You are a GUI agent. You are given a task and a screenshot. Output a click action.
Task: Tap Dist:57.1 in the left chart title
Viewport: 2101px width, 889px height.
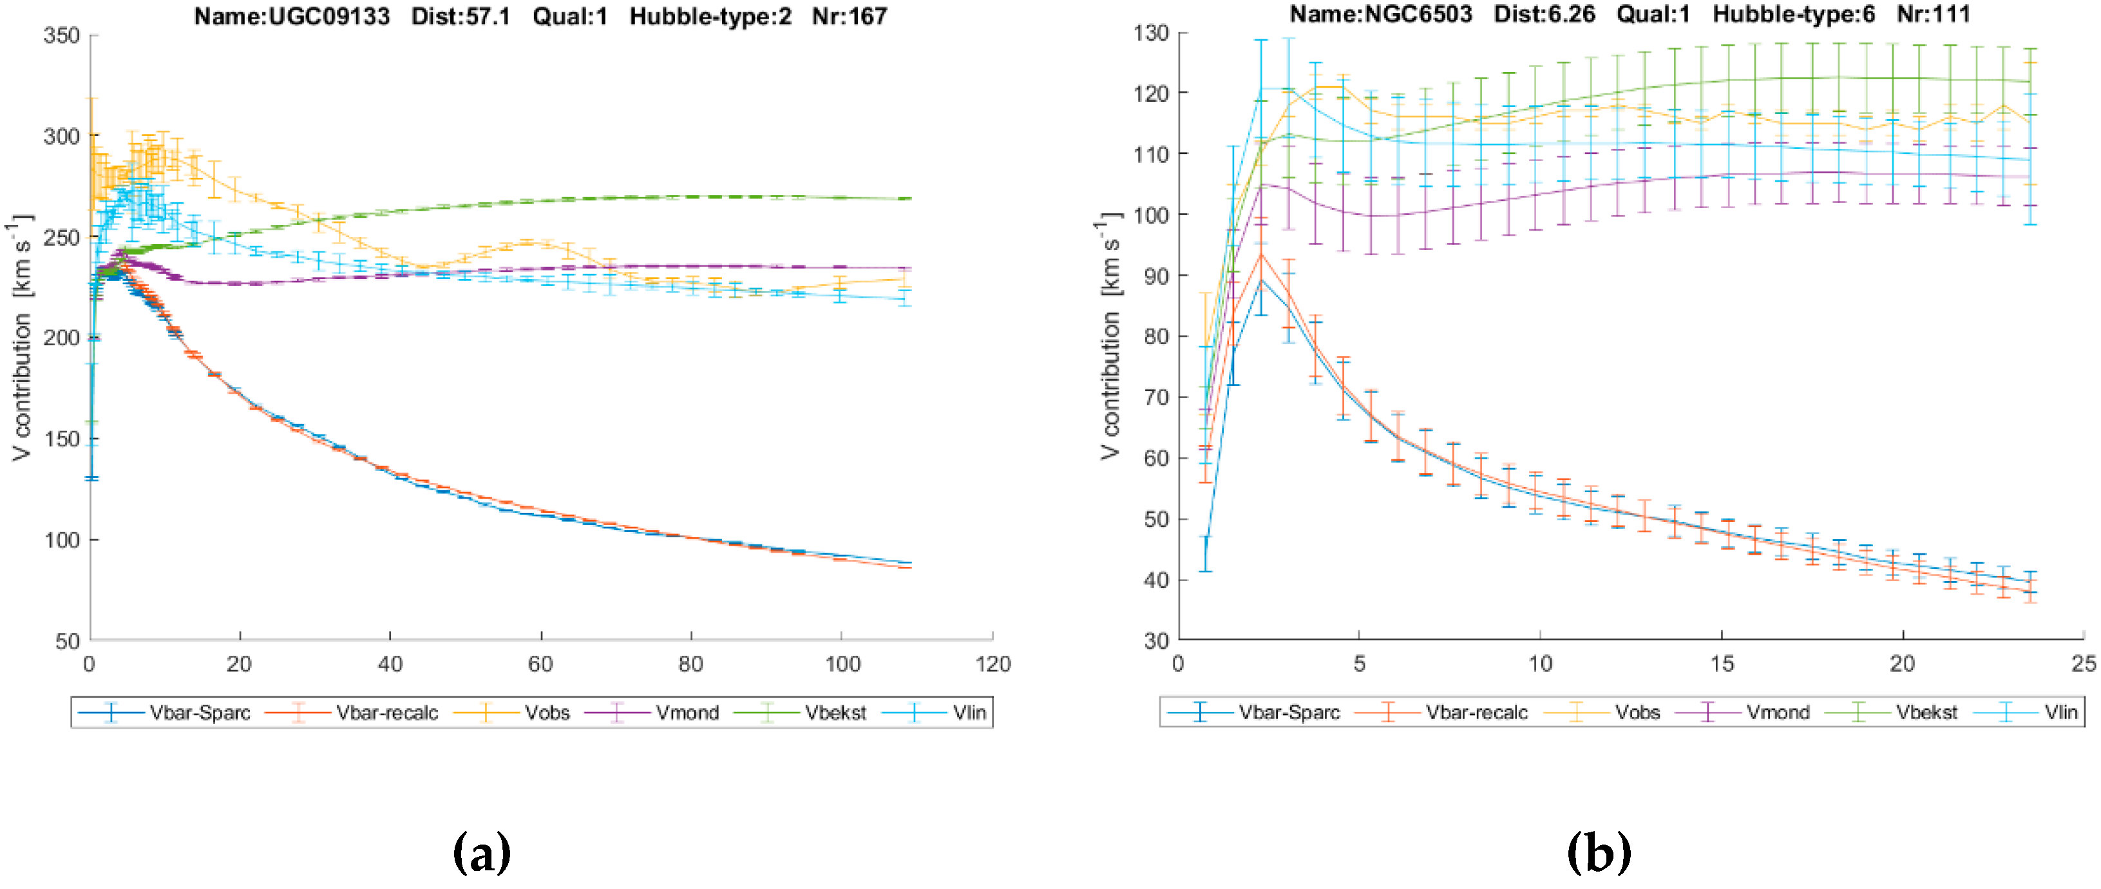point(461,16)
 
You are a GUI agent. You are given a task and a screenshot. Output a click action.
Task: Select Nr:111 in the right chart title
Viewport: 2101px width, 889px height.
point(1933,14)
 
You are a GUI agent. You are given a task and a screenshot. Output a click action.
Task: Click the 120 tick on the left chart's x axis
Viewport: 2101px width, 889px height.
point(993,665)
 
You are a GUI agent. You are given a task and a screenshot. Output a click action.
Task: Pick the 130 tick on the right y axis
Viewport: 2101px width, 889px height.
point(1151,33)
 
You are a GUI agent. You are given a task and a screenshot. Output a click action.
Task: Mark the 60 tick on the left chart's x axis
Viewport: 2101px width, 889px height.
point(541,665)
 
